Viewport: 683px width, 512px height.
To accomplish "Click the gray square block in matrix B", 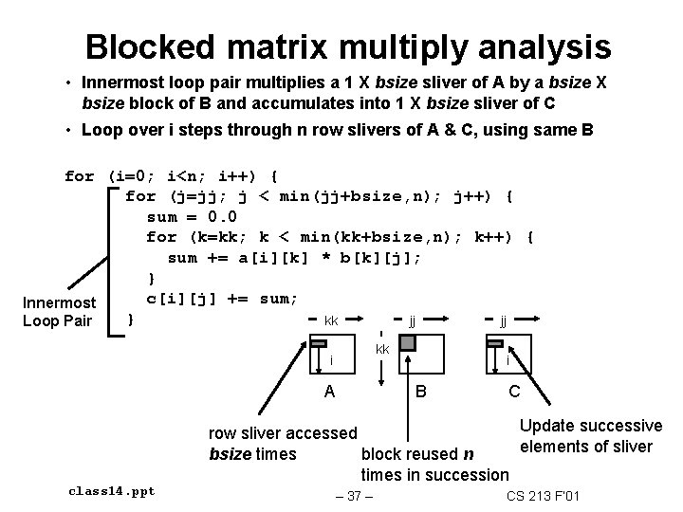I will pyautogui.click(x=407, y=343).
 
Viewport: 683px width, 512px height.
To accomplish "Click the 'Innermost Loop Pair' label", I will pyautogui.click(x=60, y=311).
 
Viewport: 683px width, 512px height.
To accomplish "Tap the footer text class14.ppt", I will pyautogui.click(x=112, y=491).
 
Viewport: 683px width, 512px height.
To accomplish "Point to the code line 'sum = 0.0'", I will pyautogui.click(x=192, y=216).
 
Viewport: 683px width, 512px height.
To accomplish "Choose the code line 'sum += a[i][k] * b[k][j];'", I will pyautogui.click(x=294, y=258).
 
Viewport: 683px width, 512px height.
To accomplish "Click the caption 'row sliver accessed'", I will pyautogui.click(x=283, y=433).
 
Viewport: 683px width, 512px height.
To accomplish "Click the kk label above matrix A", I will pyautogui.click(x=331, y=320).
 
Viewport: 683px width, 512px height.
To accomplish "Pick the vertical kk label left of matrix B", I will pyautogui.click(x=382, y=350).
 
